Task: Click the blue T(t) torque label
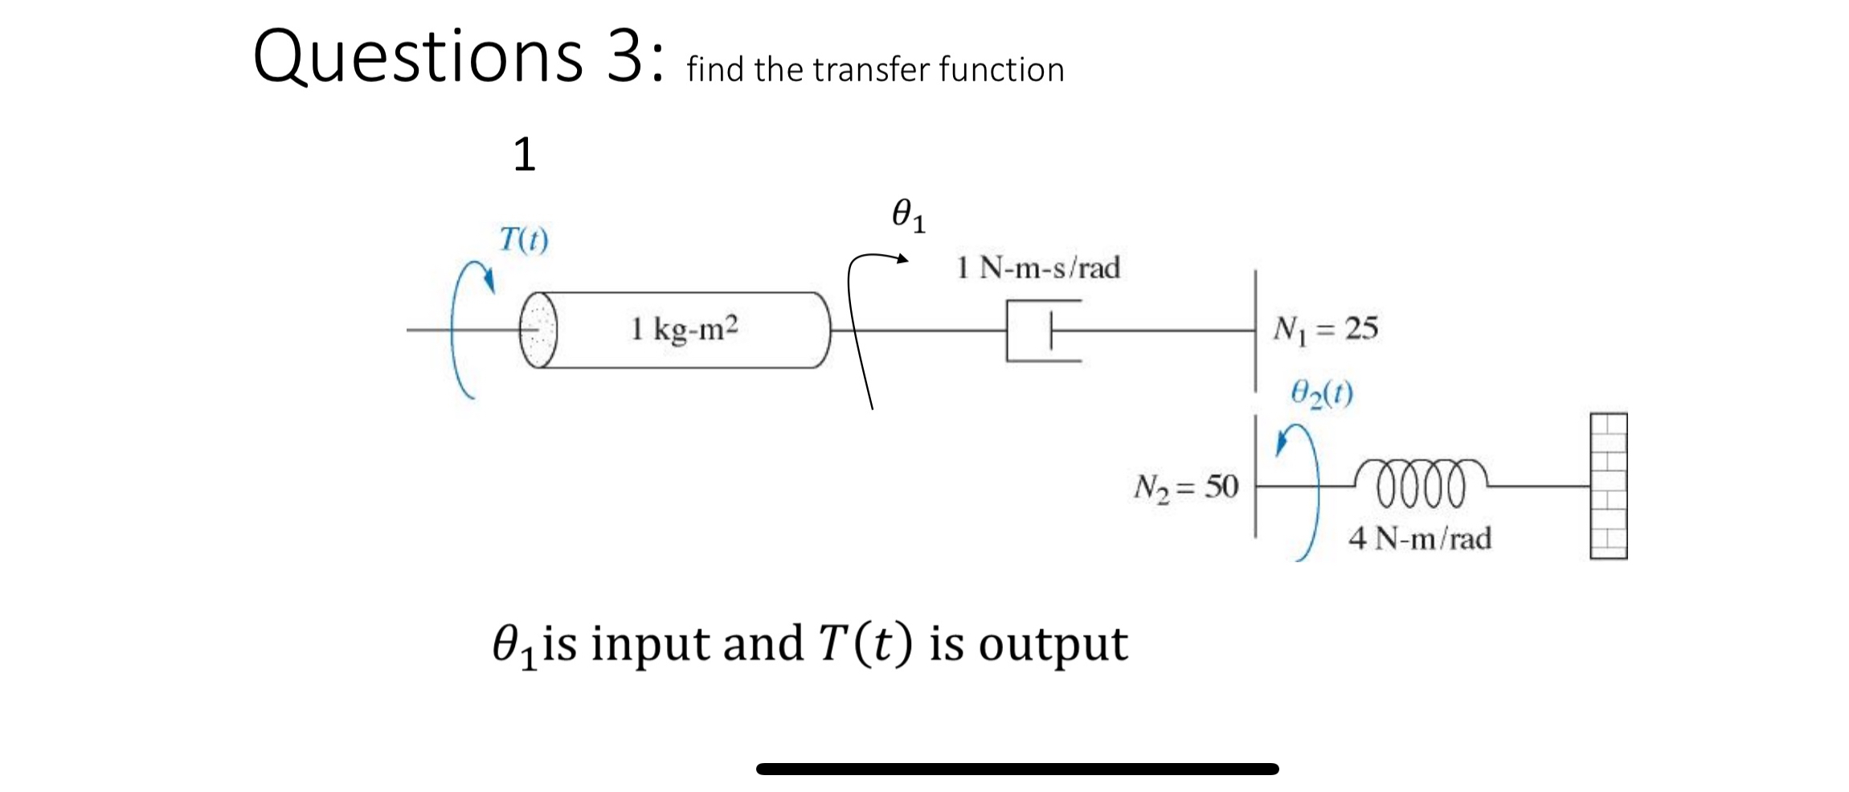tap(523, 240)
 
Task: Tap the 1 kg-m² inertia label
tap(684, 329)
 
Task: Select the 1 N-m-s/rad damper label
tap(1038, 268)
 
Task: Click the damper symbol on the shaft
tap(1043, 330)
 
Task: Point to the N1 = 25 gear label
tap(1325, 329)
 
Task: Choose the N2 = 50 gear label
tap(1185, 487)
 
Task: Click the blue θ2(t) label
tap(1321, 393)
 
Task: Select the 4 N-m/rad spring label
tap(1420, 538)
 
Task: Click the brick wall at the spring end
tap(1608, 486)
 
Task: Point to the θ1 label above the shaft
tap(909, 215)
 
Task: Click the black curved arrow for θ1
tap(857, 322)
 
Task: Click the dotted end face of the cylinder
tap(538, 330)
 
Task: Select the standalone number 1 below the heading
tap(524, 154)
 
